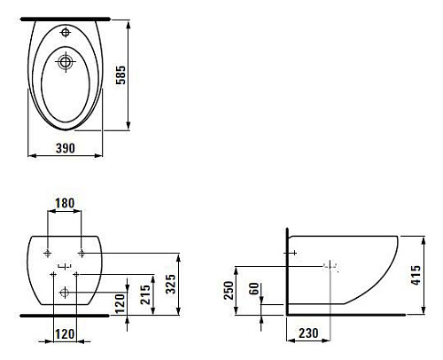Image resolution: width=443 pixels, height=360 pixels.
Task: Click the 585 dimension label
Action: pyautogui.click(x=120, y=75)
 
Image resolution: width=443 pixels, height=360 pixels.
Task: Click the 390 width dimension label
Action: pyautogui.click(x=66, y=148)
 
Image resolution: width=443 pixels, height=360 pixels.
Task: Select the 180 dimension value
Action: pyautogui.click(x=65, y=203)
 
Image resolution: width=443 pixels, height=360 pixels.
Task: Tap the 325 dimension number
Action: pyautogui.click(x=170, y=284)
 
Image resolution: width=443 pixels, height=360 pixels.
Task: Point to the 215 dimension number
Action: pyautogui.click(x=145, y=294)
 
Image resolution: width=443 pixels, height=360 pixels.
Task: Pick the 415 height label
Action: pyautogui.click(x=416, y=275)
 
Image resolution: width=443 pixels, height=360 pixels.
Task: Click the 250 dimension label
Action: pyautogui.click(x=229, y=290)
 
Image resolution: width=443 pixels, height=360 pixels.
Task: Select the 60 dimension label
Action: pyautogui.click(x=254, y=288)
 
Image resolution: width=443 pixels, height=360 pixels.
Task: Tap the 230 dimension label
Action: pyautogui.click(x=308, y=333)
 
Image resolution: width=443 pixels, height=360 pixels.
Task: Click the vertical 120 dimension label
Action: pyautogui.click(x=120, y=303)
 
